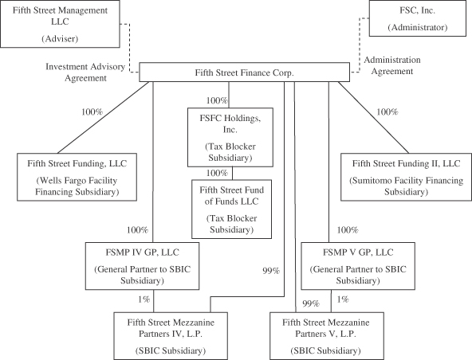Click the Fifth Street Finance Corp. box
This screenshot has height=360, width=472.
pos(245,72)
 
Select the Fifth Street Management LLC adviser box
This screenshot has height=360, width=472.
pos(60,24)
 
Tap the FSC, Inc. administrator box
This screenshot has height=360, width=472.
pos(418,18)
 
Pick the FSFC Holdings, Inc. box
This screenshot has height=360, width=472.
pos(230,137)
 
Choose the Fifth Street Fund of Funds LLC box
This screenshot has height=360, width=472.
pos(231,209)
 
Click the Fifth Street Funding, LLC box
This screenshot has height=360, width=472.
pos(77,177)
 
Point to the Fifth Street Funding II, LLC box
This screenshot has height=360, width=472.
pos(406,177)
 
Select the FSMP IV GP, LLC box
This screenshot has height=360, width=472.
pos(142,266)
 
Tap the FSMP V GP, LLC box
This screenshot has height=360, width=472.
pos(358,266)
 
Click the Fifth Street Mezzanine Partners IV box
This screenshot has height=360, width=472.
pos(171,336)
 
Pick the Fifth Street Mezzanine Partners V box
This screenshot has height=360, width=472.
pos(327,336)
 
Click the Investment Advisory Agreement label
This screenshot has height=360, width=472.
pos(85,72)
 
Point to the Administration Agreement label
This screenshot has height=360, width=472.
pos(392,65)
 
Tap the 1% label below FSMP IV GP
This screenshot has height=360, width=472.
pos(144,299)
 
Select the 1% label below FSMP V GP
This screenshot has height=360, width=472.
pos(343,299)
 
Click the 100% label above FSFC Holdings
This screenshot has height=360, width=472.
pos(217,100)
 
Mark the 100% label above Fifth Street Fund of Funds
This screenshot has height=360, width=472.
pos(217,173)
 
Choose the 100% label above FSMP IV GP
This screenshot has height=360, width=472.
pos(138,230)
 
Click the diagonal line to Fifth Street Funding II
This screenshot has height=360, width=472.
pos(374,118)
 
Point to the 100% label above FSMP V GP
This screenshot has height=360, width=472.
pos(348,230)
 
